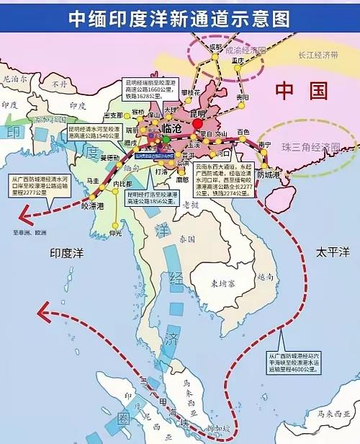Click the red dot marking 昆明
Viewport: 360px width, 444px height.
point(197,124)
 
